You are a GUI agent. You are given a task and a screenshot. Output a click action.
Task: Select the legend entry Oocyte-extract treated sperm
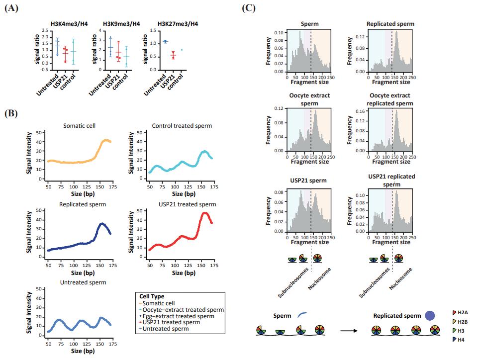(x=181, y=309)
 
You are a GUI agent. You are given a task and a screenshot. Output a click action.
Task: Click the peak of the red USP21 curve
(x=205, y=213)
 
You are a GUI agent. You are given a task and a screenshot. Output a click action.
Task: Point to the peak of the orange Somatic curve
(x=105, y=140)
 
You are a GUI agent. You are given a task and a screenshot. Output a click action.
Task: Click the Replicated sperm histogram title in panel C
(x=390, y=23)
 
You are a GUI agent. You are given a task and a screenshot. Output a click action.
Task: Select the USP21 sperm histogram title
(x=305, y=180)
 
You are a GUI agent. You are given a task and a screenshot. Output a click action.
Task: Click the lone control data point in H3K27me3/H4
(x=182, y=50)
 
